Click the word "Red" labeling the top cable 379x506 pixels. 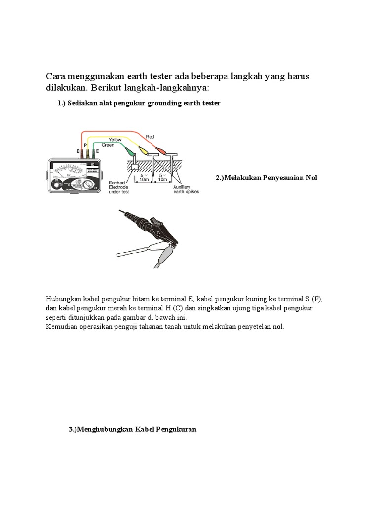[149, 135]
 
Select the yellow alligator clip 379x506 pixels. [144, 149]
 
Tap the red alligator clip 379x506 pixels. [160, 148]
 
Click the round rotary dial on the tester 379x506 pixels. [88, 185]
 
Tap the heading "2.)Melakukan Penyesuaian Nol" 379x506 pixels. [266, 177]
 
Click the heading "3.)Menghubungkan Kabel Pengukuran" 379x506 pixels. [132, 429]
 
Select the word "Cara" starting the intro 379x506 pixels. [56, 77]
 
